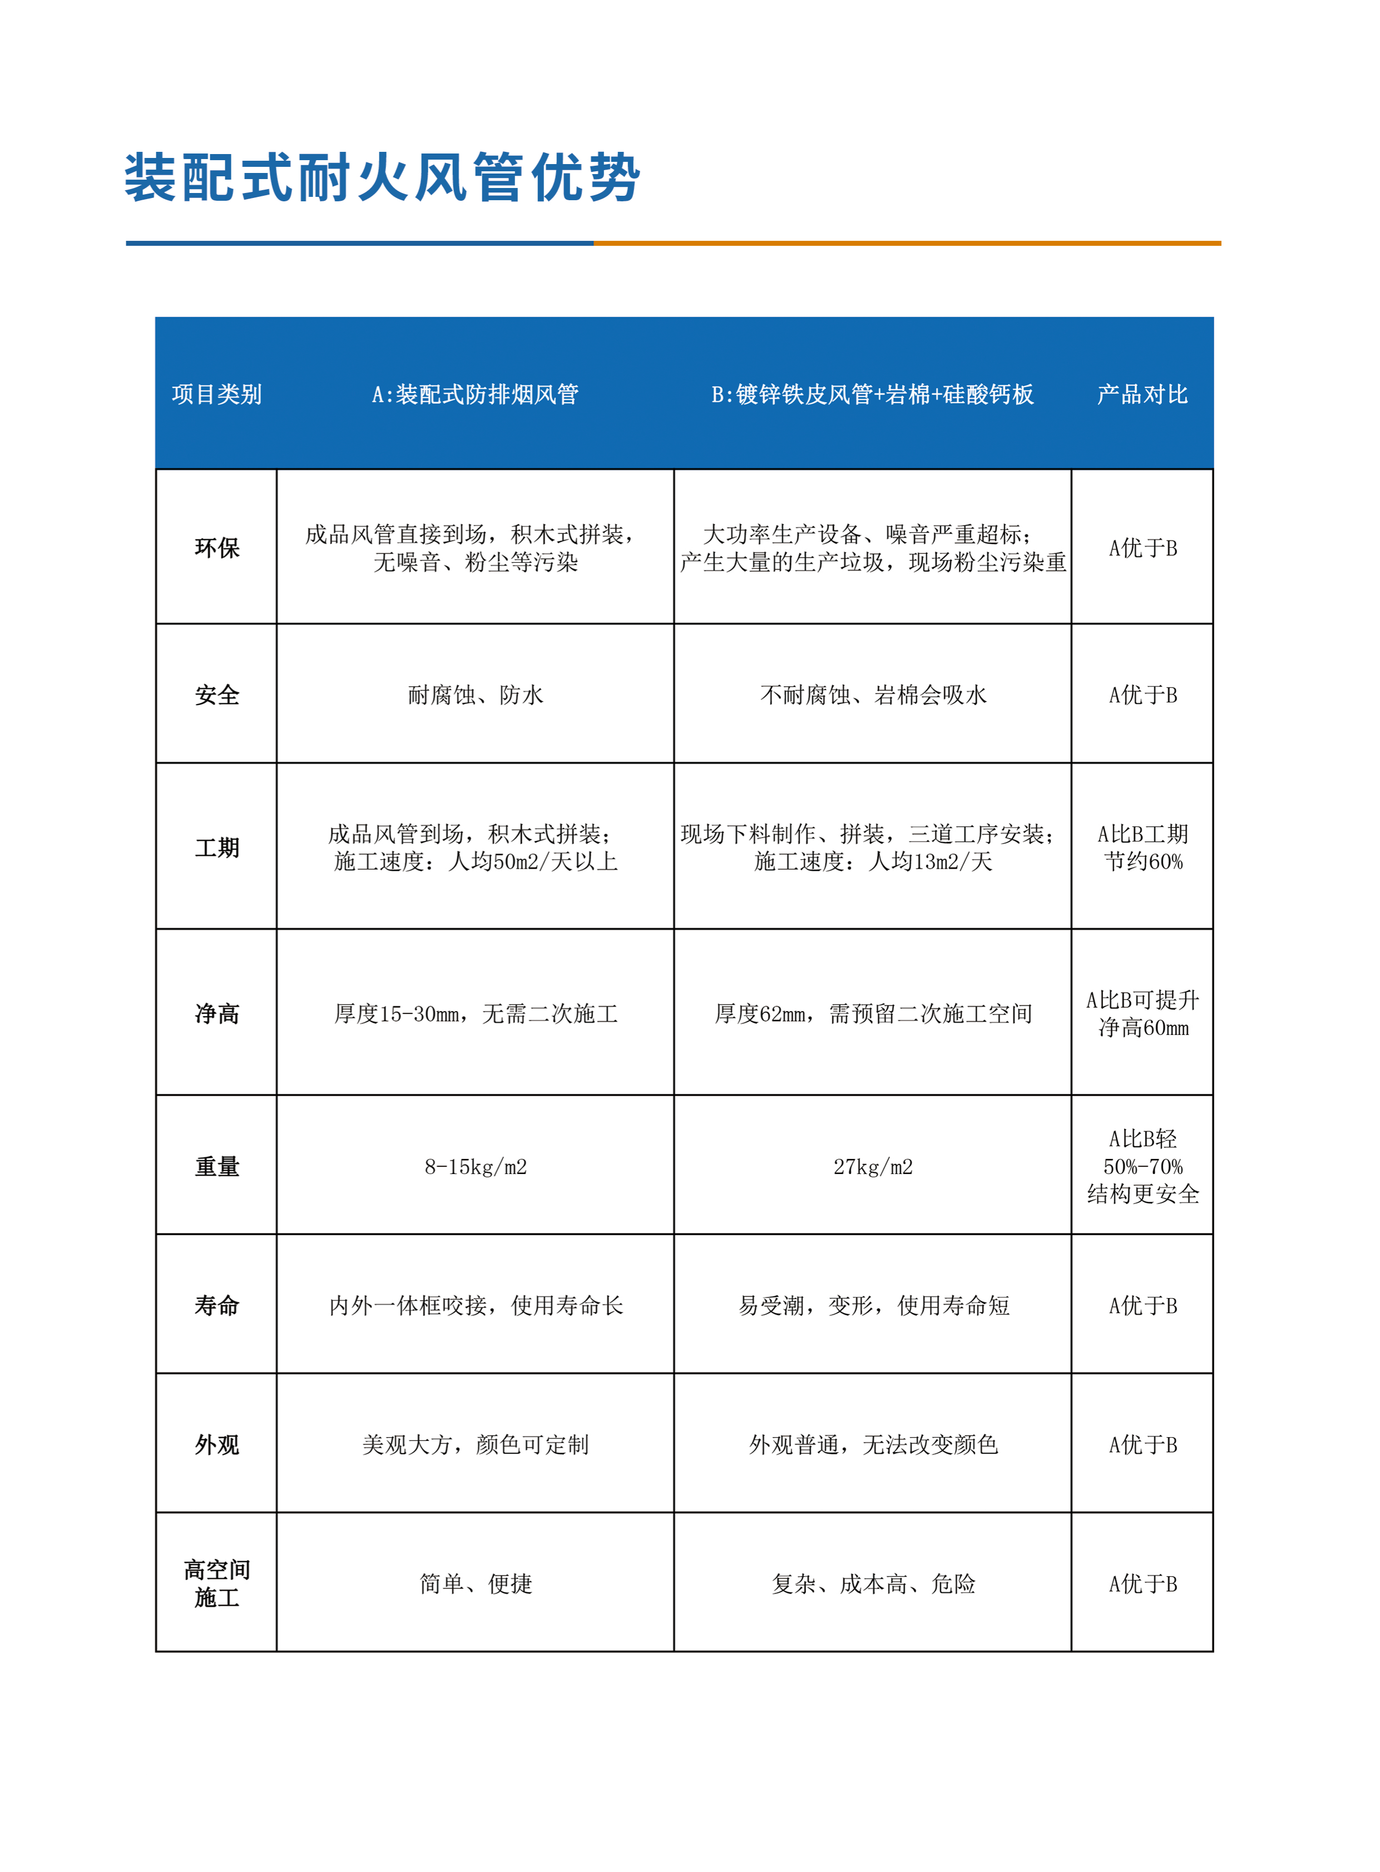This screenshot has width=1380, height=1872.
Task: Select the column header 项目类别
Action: coord(216,394)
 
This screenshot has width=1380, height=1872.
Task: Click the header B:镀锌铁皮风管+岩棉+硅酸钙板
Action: coord(872,394)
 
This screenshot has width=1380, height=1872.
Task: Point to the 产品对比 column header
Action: coord(1142,394)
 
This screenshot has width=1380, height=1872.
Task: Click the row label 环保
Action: coord(216,548)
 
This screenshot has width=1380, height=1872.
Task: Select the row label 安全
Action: coord(216,695)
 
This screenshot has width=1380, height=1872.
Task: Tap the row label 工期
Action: coord(216,848)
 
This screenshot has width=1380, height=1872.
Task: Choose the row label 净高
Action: coord(216,1014)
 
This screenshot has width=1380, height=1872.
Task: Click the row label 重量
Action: coord(216,1167)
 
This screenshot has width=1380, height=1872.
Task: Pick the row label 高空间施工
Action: coord(216,1584)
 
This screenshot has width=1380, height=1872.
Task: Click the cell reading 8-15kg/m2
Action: coord(476,1167)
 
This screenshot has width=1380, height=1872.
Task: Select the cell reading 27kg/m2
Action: coord(873,1167)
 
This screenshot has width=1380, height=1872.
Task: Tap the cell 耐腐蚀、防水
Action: coord(476,695)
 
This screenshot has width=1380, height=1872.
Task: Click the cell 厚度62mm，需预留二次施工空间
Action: coord(873,1014)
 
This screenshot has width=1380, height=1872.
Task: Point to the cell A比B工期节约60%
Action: coord(1142,848)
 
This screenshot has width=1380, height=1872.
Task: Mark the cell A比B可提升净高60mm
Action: coord(1142,1014)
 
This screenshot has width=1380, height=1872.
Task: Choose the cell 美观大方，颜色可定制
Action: coord(476,1445)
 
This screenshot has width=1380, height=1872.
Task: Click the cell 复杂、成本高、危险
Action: coord(873,1584)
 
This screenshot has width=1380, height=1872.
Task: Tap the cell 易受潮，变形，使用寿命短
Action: coord(873,1306)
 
